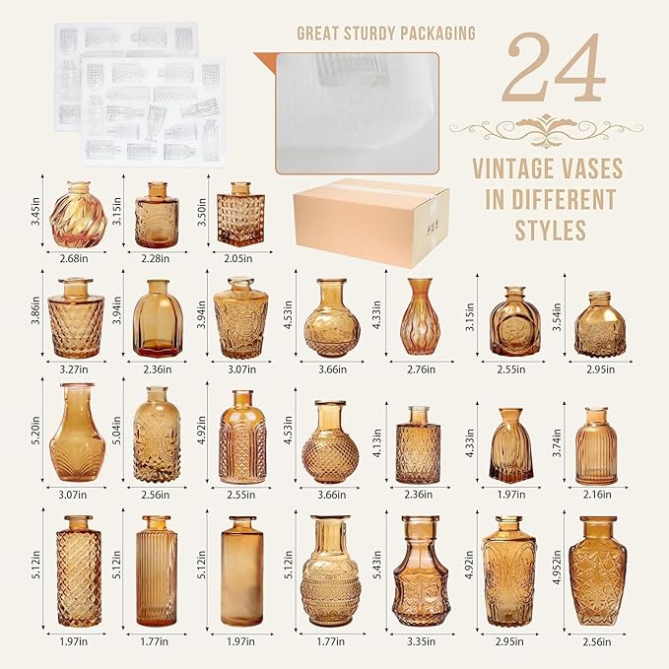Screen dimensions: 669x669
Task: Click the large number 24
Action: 554,68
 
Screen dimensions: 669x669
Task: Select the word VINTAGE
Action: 511,168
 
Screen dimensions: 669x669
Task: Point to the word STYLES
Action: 551,231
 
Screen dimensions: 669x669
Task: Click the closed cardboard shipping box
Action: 371,223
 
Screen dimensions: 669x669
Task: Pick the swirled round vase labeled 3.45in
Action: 78,215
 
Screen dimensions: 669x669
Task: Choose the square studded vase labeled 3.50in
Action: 240,214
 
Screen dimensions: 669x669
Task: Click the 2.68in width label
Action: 74,258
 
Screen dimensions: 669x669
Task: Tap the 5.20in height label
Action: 35,430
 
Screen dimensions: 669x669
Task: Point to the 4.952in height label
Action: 557,567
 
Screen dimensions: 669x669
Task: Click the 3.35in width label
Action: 421,641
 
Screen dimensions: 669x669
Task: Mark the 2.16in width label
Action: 597,495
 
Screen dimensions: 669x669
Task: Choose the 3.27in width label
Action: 73,369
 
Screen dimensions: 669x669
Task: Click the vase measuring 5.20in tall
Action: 77,433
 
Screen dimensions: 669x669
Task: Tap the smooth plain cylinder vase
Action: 242,570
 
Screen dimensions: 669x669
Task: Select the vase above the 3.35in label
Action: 421,570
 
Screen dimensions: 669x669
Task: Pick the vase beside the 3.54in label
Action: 600,325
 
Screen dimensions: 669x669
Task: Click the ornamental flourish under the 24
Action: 546,127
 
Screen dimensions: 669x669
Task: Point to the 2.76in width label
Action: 421,369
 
